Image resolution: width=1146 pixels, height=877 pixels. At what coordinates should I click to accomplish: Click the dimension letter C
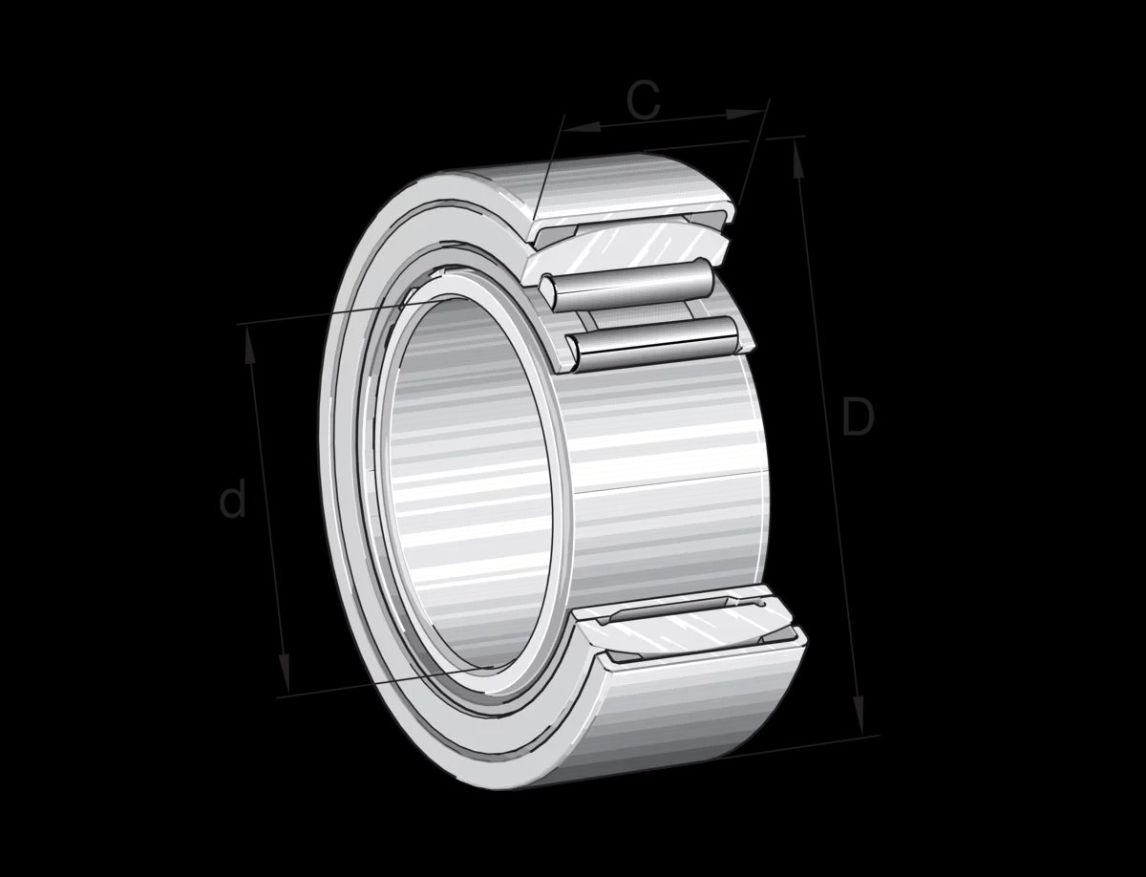pos(644,99)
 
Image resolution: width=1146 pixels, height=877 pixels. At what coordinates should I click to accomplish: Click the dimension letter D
pos(859,417)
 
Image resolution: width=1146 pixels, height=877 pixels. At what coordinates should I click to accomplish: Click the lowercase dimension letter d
pos(232,499)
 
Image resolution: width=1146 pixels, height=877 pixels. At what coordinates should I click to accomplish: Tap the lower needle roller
pos(653,345)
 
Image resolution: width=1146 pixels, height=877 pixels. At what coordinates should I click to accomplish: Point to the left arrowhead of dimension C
pos(583,126)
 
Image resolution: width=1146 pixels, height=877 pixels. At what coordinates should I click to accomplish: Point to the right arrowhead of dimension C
pos(746,114)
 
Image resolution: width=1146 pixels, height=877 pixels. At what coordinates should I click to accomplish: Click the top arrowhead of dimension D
pos(798,160)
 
